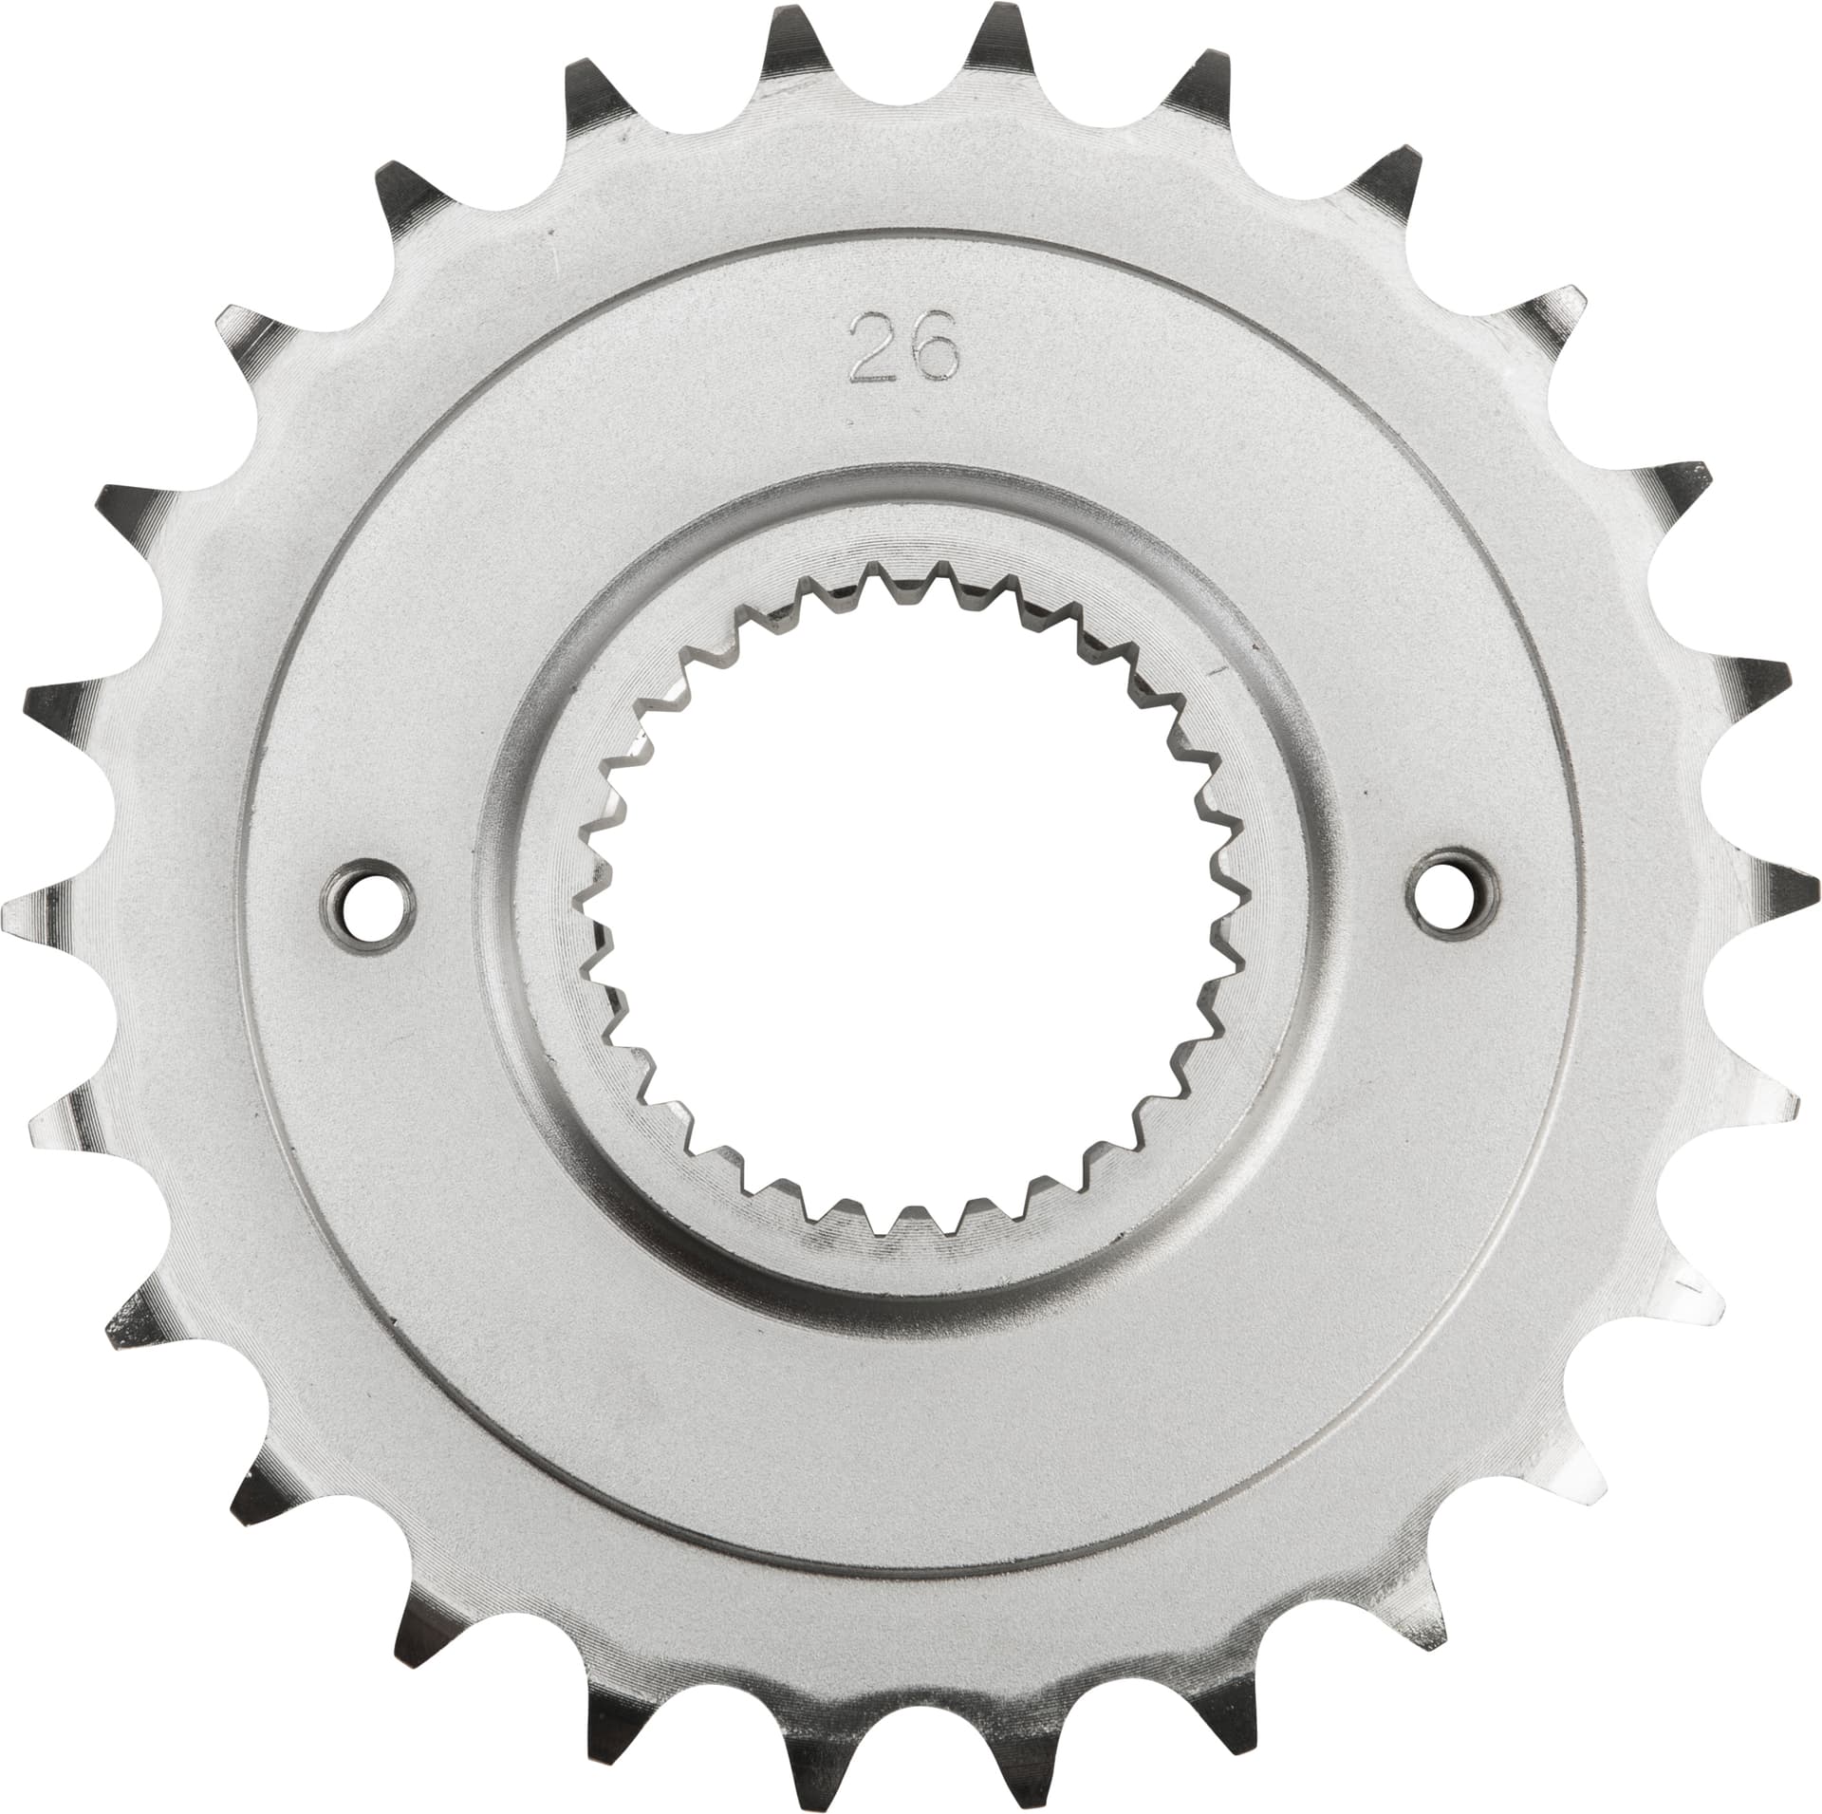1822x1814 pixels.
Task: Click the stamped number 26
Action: click(904, 351)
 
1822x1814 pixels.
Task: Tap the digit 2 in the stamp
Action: click(873, 351)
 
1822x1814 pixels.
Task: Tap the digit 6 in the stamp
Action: click(935, 351)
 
